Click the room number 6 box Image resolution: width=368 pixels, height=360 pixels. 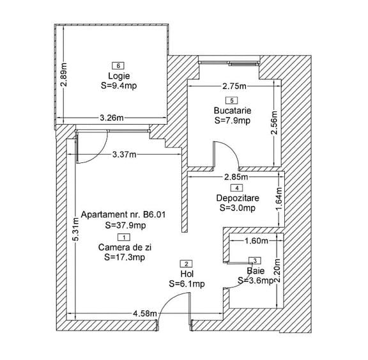(118, 66)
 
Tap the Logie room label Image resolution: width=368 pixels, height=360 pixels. (119, 76)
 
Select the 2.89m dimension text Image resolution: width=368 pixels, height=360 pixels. (64, 75)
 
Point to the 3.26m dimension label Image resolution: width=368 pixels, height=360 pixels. (112, 118)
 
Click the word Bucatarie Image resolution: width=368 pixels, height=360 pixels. (233, 111)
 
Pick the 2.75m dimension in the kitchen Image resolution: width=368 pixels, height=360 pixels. (234, 86)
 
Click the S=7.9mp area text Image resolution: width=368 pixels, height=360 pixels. (233, 120)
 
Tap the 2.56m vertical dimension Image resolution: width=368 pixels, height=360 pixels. (274, 122)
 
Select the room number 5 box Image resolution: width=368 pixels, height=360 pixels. (232, 100)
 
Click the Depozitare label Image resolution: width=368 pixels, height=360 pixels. (238, 198)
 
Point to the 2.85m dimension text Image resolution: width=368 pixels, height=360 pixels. (236, 177)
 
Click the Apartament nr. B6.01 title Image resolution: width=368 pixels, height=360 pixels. (123, 214)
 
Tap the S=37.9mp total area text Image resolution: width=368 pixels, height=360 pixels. (125, 225)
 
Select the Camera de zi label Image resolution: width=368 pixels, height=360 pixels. (125, 247)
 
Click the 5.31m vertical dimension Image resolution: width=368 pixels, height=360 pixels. (76, 230)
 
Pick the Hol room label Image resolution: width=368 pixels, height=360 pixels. (187, 274)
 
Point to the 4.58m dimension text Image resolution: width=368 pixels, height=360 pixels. (145, 313)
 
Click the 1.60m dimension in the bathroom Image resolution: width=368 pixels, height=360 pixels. (256, 240)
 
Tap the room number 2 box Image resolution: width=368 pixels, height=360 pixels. (186, 264)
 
